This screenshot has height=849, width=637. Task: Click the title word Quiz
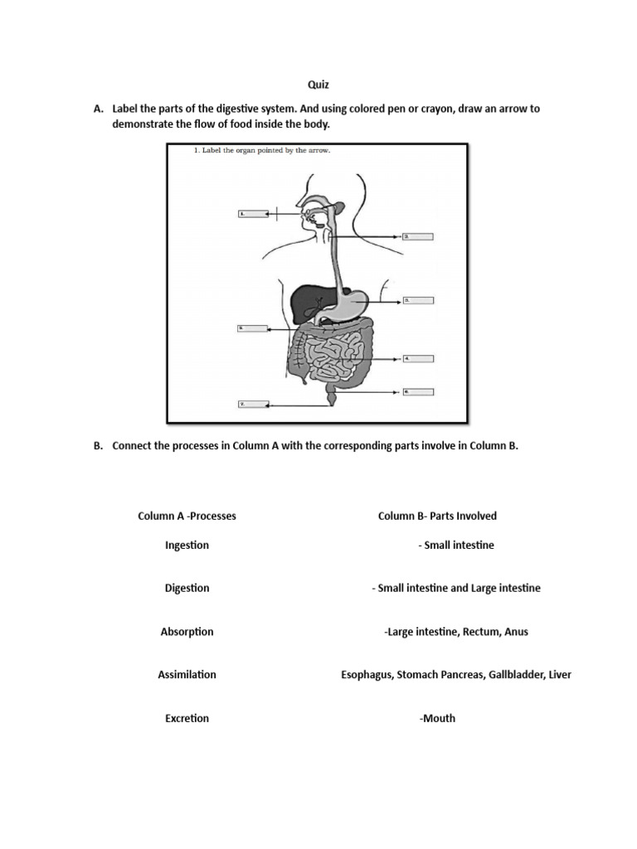click(x=318, y=84)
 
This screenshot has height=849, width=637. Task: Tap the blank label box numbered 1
click(x=252, y=213)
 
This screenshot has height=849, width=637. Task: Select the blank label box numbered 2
click(x=418, y=236)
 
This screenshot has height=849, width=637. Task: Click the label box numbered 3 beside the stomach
click(x=418, y=299)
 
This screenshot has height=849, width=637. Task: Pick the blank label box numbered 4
click(x=418, y=359)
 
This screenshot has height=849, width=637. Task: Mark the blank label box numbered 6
click(x=418, y=391)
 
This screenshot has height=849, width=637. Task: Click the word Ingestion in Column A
click(x=187, y=546)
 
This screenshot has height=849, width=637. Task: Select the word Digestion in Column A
click(x=187, y=589)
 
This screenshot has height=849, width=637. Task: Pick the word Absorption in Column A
click(x=187, y=632)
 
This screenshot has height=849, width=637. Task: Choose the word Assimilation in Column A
click(x=187, y=675)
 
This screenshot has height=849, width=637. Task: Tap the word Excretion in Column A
click(x=187, y=719)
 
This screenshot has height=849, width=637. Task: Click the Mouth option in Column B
click(x=438, y=719)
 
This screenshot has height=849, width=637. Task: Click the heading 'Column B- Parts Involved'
click(x=437, y=516)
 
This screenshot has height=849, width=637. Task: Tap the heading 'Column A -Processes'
click(x=187, y=516)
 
